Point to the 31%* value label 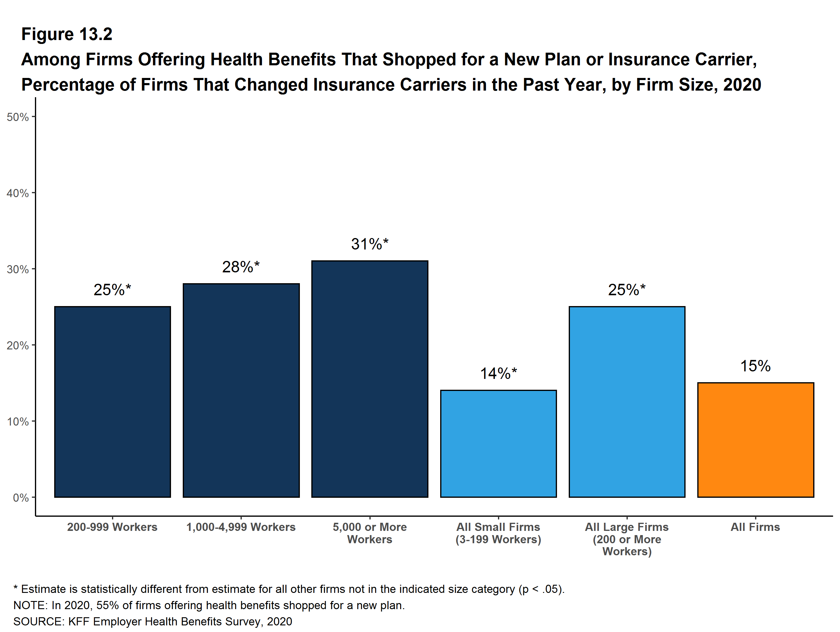pos(369,244)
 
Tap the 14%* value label pos(498,373)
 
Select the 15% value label pos(755,366)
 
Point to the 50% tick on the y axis pos(18,117)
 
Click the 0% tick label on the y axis pos(21,498)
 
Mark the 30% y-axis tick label pos(18,269)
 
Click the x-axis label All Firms pos(755,527)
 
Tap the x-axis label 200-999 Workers pos(112,527)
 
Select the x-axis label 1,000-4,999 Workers pos(241,527)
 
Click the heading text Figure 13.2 pos(67,34)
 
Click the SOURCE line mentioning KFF pos(153,621)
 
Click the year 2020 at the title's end pos(742,84)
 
